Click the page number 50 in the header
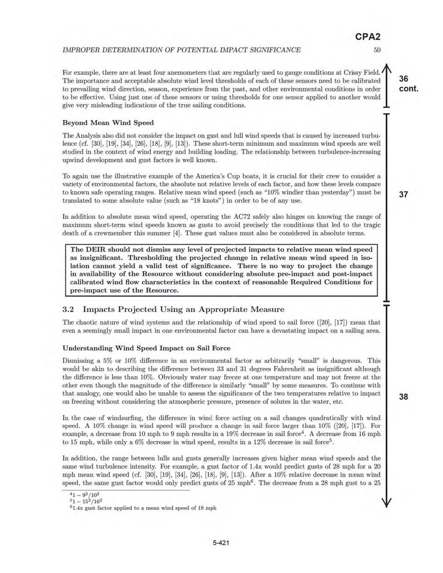[x=377, y=50]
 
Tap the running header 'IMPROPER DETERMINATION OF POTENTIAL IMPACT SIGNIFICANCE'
[x=182, y=50]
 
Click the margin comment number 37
[x=404, y=194]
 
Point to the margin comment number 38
[x=404, y=396]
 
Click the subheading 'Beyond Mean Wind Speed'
[x=108, y=122]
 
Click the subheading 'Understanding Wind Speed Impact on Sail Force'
[x=146, y=349]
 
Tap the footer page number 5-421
[x=221, y=543]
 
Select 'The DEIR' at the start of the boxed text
[x=88, y=249]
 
